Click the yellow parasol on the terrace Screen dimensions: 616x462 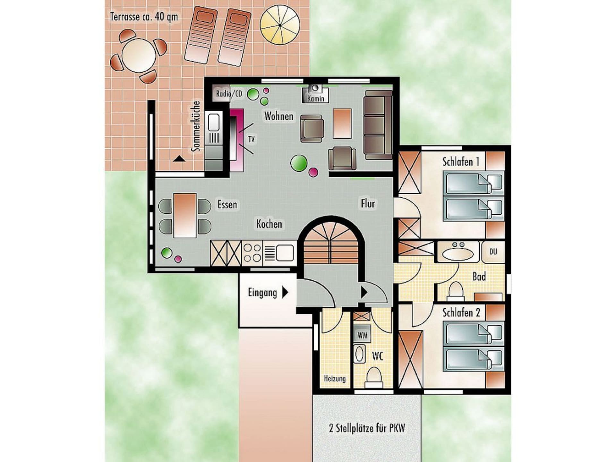click(x=280, y=25)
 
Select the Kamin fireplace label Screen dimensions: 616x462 click(x=316, y=98)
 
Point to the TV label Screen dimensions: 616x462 click(x=251, y=139)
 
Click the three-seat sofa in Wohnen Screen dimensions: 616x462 click(x=378, y=125)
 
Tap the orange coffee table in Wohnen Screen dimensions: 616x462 click(x=342, y=124)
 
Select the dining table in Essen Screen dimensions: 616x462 click(x=185, y=215)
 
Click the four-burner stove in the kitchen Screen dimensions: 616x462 click(x=252, y=253)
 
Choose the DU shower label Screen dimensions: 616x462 click(x=493, y=252)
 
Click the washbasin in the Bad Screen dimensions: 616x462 click(x=458, y=253)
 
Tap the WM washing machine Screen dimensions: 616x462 click(x=362, y=335)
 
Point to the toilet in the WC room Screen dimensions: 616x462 click(x=374, y=378)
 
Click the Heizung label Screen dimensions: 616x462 click(x=335, y=379)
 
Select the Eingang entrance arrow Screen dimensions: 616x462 click(x=285, y=292)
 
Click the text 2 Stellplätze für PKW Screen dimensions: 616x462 click(x=367, y=428)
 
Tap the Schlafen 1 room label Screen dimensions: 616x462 click(x=461, y=162)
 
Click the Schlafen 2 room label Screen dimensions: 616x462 click(x=461, y=312)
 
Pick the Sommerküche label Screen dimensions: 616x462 click(x=195, y=126)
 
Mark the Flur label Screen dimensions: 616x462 click(x=368, y=203)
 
